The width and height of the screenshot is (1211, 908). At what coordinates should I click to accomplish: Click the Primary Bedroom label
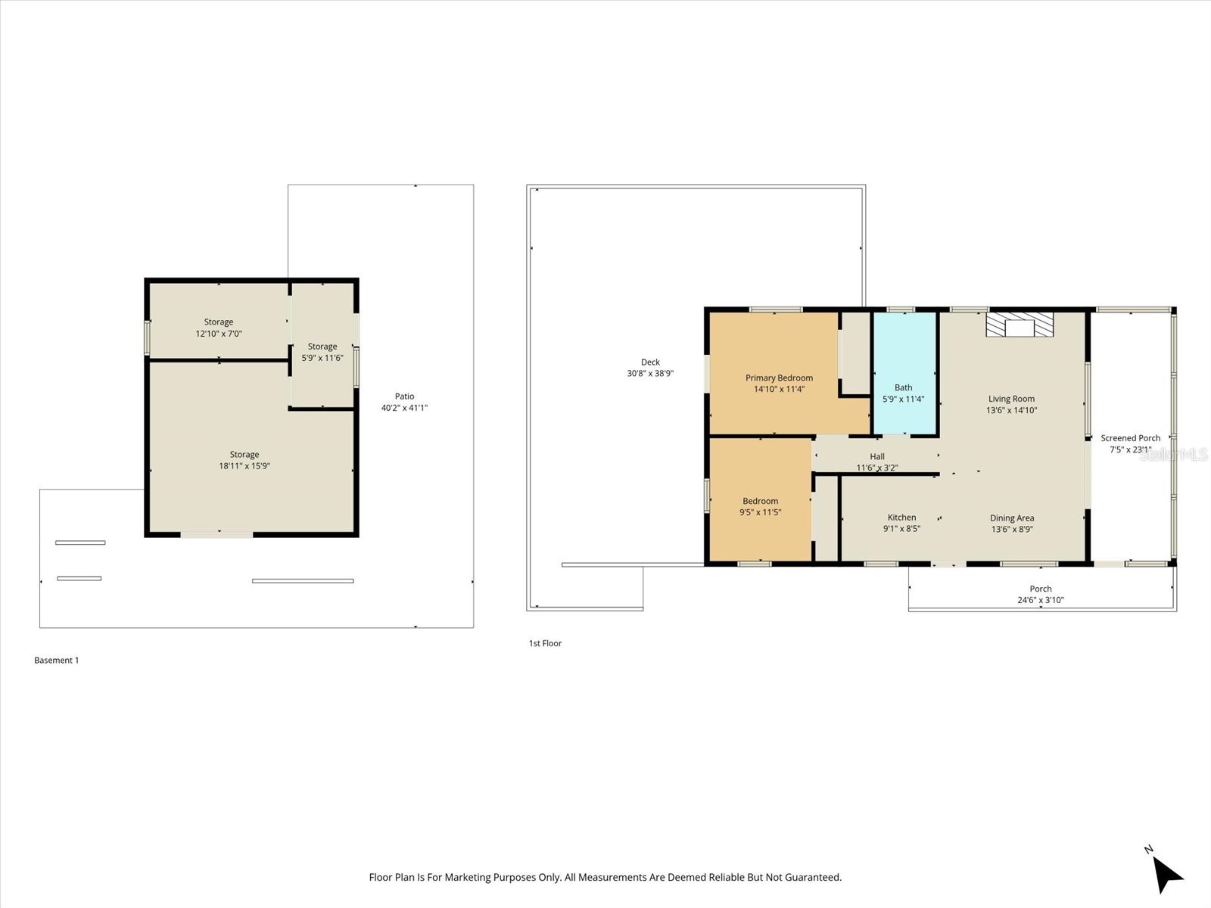click(779, 378)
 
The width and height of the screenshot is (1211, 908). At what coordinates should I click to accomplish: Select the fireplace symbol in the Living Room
click(1019, 325)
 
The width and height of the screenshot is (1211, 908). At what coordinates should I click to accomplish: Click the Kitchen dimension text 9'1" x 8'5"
click(901, 529)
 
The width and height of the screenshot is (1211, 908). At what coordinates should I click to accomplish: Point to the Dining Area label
click(1012, 518)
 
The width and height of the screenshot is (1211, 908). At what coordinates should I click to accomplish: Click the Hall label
click(877, 456)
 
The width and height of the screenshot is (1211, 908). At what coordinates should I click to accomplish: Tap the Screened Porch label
click(1130, 438)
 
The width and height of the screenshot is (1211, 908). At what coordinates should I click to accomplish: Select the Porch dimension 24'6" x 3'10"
click(1041, 600)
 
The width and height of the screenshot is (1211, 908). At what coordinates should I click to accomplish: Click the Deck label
click(650, 362)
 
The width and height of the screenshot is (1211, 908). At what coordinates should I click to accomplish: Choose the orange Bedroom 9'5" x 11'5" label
click(760, 501)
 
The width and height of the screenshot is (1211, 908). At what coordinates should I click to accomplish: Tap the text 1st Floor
click(545, 643)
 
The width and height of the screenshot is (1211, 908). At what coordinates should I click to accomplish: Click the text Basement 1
click(57, 660)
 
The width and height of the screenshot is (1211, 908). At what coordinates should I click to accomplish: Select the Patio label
click(404, 396)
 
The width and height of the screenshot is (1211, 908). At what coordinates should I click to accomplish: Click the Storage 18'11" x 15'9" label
click(244, 455)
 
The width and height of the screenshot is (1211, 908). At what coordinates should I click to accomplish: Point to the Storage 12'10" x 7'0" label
click(219, 322)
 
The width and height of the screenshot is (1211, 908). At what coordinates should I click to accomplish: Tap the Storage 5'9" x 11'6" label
click(322, 347)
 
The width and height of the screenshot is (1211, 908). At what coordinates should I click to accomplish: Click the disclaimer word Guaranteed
click(814, 878)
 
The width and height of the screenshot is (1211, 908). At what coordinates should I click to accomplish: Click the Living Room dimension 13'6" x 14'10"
click(1011, 410)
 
